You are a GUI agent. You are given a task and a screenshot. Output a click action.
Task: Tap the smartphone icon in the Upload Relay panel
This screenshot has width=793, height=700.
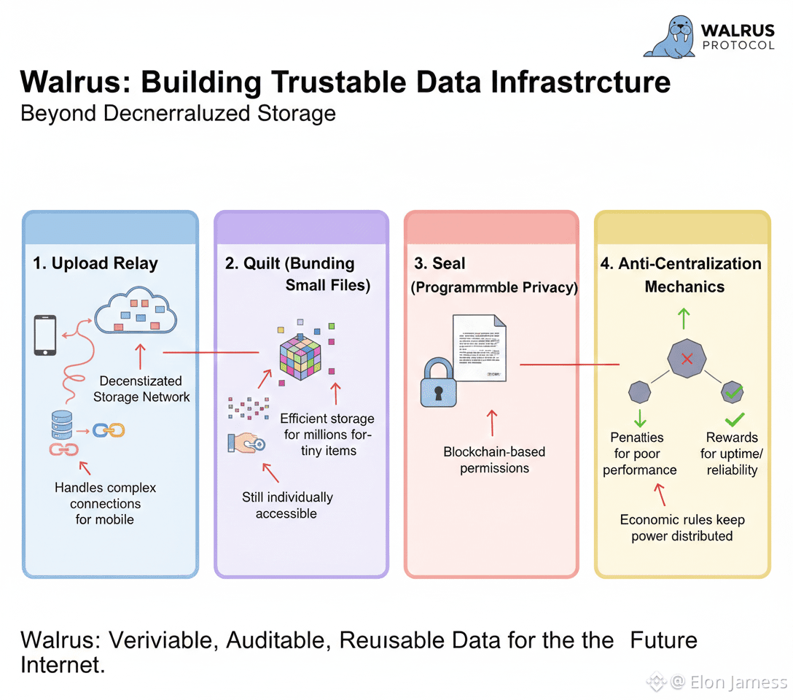tap(45, 335)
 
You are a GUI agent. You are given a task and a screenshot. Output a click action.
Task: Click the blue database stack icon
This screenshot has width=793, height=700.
tap(61, 424)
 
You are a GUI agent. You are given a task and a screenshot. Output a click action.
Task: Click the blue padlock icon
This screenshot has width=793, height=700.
tap(438, 384)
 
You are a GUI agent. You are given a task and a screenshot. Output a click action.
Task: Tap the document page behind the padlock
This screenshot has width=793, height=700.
tap(480, 346)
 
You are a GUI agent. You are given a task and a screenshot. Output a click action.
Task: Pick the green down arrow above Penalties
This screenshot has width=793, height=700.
tap(641, 418)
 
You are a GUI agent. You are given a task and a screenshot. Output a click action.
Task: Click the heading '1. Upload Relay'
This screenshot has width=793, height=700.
tap(95, 264)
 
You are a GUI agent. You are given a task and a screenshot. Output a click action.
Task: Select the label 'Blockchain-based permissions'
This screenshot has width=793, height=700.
tap(494, 460)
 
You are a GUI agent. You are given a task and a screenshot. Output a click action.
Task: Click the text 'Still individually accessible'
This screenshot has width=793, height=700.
tap(287, 505)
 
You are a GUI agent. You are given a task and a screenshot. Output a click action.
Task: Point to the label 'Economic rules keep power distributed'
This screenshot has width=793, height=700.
tap(682, 528)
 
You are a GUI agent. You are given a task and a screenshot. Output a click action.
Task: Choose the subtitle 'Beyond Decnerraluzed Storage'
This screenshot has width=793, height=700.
tap(178, 114)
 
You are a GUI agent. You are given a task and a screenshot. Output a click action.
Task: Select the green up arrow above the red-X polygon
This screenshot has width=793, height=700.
tap(683, 317)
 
